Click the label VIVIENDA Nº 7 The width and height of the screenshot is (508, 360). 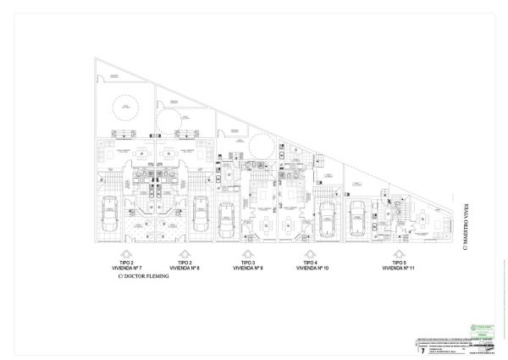(x=125, y=268)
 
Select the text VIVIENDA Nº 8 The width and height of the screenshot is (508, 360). (x=185, y=268)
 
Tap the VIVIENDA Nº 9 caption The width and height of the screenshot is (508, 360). (x=248, y=268)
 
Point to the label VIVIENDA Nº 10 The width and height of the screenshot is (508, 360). (x=312, y=268)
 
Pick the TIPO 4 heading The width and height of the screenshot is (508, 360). (x=312, y=263)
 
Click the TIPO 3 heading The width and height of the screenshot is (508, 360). (x=248, y=263)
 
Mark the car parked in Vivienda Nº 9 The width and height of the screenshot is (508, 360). (x=227, y=222)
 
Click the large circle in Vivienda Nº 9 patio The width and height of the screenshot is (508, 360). (x=261, y=142)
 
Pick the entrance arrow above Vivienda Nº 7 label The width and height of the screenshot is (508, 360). (x=125, y=254)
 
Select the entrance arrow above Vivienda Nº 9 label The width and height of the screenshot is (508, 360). (x=248, y=254)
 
